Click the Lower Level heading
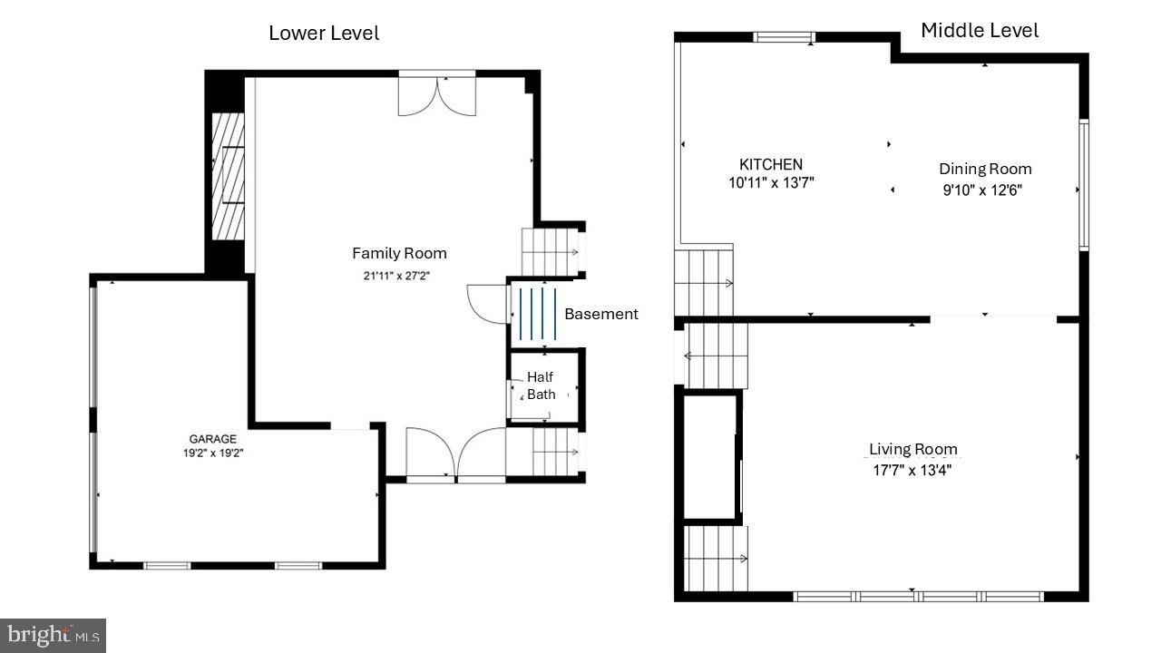click(324, 34)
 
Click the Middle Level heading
click(980, 30)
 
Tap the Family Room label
click(399, 253)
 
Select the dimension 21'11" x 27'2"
click(399, 275)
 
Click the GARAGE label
click(212, 439)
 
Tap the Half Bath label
click(541, 385)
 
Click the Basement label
click(600, 314)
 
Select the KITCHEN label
click(771, 164)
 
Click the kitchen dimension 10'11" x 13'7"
click(771, 182)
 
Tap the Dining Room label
click(985, 169)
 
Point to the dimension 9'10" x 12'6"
click(985, 190)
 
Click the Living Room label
click(912, 449)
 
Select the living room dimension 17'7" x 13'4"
click(912, 470)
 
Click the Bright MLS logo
click(53, 634)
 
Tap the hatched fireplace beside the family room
click(228, 175)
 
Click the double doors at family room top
click(437, 95)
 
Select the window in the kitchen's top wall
click(785, 37)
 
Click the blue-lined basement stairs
click(537, 313)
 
